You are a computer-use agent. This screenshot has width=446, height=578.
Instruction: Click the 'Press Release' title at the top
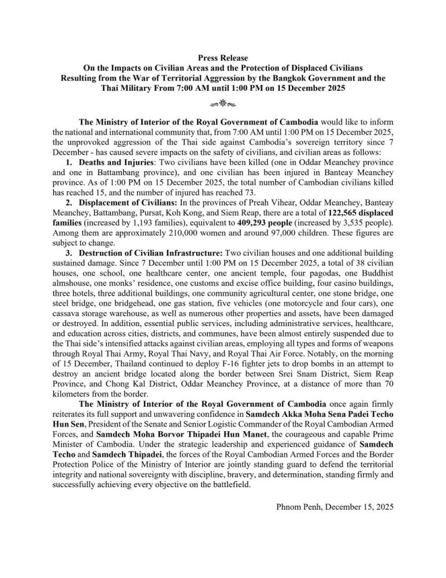coord(223,58)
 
